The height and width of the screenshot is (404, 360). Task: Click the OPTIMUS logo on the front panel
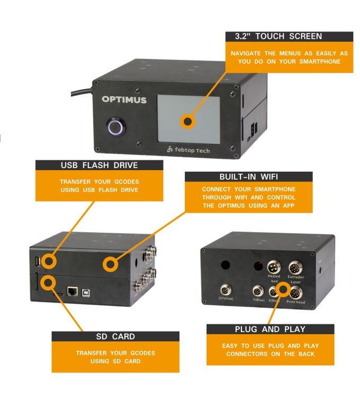124,99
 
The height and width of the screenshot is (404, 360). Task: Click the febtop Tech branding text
188,150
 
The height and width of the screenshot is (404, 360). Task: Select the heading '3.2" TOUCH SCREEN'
278,36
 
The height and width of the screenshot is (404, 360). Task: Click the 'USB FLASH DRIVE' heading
100,165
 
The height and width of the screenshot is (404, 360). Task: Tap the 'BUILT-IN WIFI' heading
249,177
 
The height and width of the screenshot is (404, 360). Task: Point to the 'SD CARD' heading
115,336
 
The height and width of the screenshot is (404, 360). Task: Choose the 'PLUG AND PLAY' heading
270,329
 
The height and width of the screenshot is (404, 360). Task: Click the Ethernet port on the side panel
73,291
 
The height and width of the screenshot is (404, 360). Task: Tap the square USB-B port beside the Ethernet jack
86,292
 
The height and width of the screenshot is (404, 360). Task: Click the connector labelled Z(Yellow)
226,291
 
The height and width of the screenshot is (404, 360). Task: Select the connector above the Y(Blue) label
258,292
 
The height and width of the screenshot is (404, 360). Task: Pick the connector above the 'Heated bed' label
274,268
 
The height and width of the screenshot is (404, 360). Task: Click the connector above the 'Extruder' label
295,268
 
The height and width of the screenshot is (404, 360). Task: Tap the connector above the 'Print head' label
296,293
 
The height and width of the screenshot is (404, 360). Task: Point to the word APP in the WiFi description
289,206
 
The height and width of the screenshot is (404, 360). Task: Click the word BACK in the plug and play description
307,354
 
